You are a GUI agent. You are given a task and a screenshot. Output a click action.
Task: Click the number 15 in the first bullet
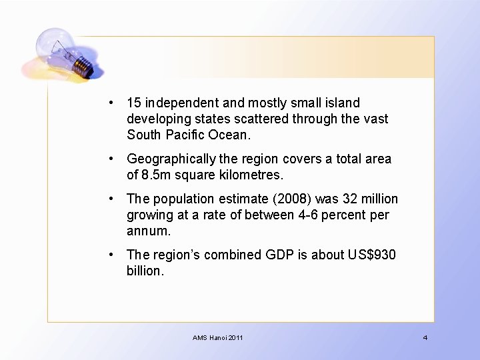(x=133, y=103)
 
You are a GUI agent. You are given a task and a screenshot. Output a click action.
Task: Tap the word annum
(x=148, y=232)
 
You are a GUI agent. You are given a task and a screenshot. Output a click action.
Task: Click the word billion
(x=144, y=271)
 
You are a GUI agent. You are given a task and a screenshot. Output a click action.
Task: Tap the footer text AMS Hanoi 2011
(x=218, y=338)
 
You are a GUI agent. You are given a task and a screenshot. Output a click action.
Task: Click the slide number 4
(x=425, y=338)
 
